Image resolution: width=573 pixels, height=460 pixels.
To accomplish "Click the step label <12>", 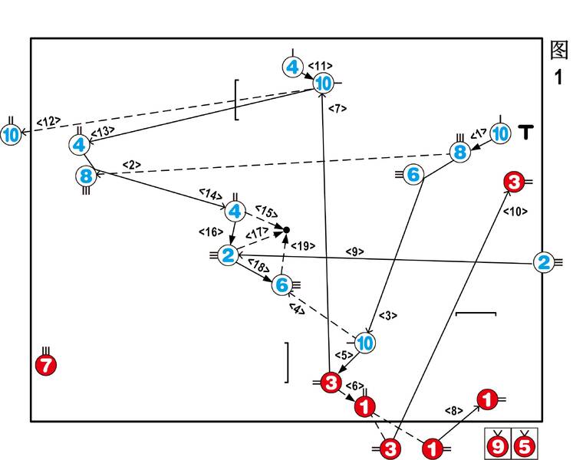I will coord(48,121).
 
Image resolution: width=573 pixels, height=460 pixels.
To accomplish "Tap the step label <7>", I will coord(338,109).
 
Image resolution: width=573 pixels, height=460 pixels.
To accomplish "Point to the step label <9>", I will coord(354,251).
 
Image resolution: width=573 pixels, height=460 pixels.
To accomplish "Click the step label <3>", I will coord(388,315).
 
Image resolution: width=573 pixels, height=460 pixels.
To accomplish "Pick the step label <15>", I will coord(265,212).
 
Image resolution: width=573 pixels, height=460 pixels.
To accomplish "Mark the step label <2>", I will coord(132,164).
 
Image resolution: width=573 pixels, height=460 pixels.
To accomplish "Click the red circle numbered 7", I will coord(46,365).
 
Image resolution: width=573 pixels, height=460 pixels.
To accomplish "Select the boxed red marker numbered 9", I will coord(499,444).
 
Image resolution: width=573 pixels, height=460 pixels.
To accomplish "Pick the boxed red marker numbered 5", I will coord(525,444).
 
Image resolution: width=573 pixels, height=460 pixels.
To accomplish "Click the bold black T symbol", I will coord(525,133).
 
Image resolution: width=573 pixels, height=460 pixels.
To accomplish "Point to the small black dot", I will coord(287,229).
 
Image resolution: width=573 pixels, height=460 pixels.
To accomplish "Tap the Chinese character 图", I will coord(559,51).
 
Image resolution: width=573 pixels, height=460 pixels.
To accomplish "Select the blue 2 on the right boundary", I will coord(543,263).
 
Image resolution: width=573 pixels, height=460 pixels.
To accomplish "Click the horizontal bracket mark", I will coord(476,314).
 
